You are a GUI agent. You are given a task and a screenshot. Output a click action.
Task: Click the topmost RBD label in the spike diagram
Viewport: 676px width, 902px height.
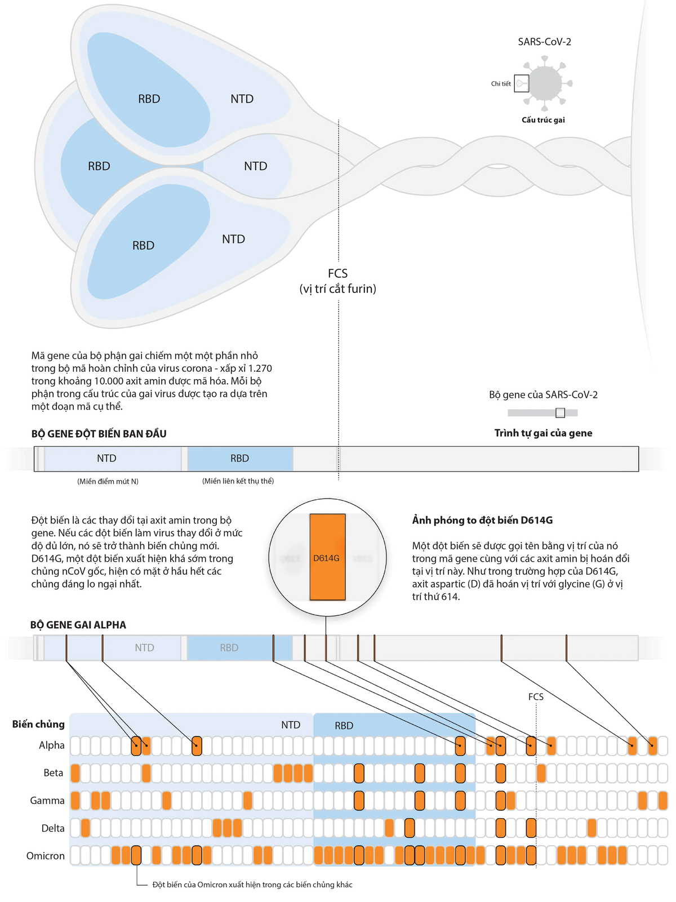pos(149,99)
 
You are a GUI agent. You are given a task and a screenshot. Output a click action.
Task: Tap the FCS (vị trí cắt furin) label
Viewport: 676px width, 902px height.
pos(337,281)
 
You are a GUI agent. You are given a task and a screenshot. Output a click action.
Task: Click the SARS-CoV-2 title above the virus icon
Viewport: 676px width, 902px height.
pos(544,42)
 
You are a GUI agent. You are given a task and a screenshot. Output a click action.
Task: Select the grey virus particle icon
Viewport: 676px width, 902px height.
pos(545,84)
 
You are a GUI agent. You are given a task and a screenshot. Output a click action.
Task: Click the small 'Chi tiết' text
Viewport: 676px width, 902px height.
pos(501,84)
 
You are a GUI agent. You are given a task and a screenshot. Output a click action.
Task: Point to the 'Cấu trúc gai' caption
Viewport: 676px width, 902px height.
pos(543,120)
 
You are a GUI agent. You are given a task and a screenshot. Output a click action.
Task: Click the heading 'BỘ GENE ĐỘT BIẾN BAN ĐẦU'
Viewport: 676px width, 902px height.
pos(99,434)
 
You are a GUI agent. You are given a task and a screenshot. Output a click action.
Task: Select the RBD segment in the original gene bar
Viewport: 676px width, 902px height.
pos(240,459)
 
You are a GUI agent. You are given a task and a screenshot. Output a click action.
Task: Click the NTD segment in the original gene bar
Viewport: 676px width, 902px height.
pos(107,459)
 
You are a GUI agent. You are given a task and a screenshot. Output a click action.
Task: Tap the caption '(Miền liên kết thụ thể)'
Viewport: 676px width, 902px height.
pos(238,481)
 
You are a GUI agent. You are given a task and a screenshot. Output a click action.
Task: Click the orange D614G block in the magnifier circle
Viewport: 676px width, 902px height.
pos(327,557)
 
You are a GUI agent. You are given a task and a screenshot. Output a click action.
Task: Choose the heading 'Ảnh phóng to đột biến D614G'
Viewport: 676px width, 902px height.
pos(482,521)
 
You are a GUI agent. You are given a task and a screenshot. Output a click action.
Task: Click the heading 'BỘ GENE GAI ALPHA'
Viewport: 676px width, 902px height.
pos(78,625)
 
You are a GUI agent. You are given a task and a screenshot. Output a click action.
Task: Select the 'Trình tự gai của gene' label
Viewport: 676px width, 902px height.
pos(543,433)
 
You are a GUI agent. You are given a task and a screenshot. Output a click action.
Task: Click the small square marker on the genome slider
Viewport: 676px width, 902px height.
pos(560,413)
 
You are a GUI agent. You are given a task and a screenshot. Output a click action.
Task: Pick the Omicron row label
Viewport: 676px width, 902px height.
pos(46,856)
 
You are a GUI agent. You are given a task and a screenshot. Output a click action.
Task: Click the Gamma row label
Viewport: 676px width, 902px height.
pos(47,801)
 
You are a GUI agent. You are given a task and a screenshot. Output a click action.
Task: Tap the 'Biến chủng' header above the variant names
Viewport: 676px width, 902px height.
pos(38,724)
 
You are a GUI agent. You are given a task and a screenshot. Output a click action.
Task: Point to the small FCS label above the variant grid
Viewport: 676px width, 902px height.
pos(536,697)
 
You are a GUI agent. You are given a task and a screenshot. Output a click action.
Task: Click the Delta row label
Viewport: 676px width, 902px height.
pos(53,828)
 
